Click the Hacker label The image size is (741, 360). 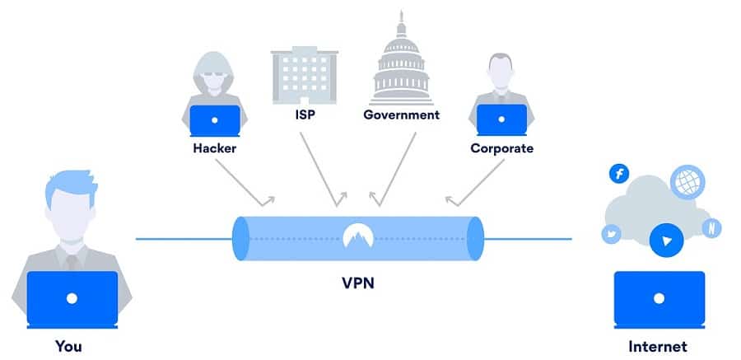pyautogui.click(x=214, y=148)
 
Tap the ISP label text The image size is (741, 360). pyautogui.click(x=305, y=115)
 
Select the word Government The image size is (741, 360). pyautogui.click(x=402, y=115)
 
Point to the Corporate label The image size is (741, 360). pyautogui.click(x=501, y=148)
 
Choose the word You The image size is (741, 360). pyautogui.click(x=69, y=346)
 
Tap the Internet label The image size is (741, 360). pyautogui.click(x=659, y=346)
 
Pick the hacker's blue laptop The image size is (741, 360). pyautogui.click(x=215, y=120)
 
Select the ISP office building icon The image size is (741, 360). pyautogui.click(x=305, y=71)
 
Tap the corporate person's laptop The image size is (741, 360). pyautogui.click(x=501, y=120)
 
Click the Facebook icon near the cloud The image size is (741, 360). pyautogui.click(x=618, y=174)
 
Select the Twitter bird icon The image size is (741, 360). pyautogui.click(x=610, y=235)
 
